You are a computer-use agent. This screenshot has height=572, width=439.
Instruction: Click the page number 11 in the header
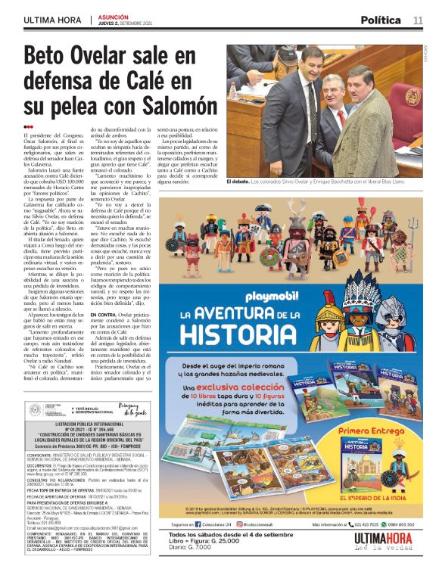[x=418, y=20]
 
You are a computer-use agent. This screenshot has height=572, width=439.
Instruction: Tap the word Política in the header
[x=381, y=20]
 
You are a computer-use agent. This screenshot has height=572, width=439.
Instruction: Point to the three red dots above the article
[x=29, y=127]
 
